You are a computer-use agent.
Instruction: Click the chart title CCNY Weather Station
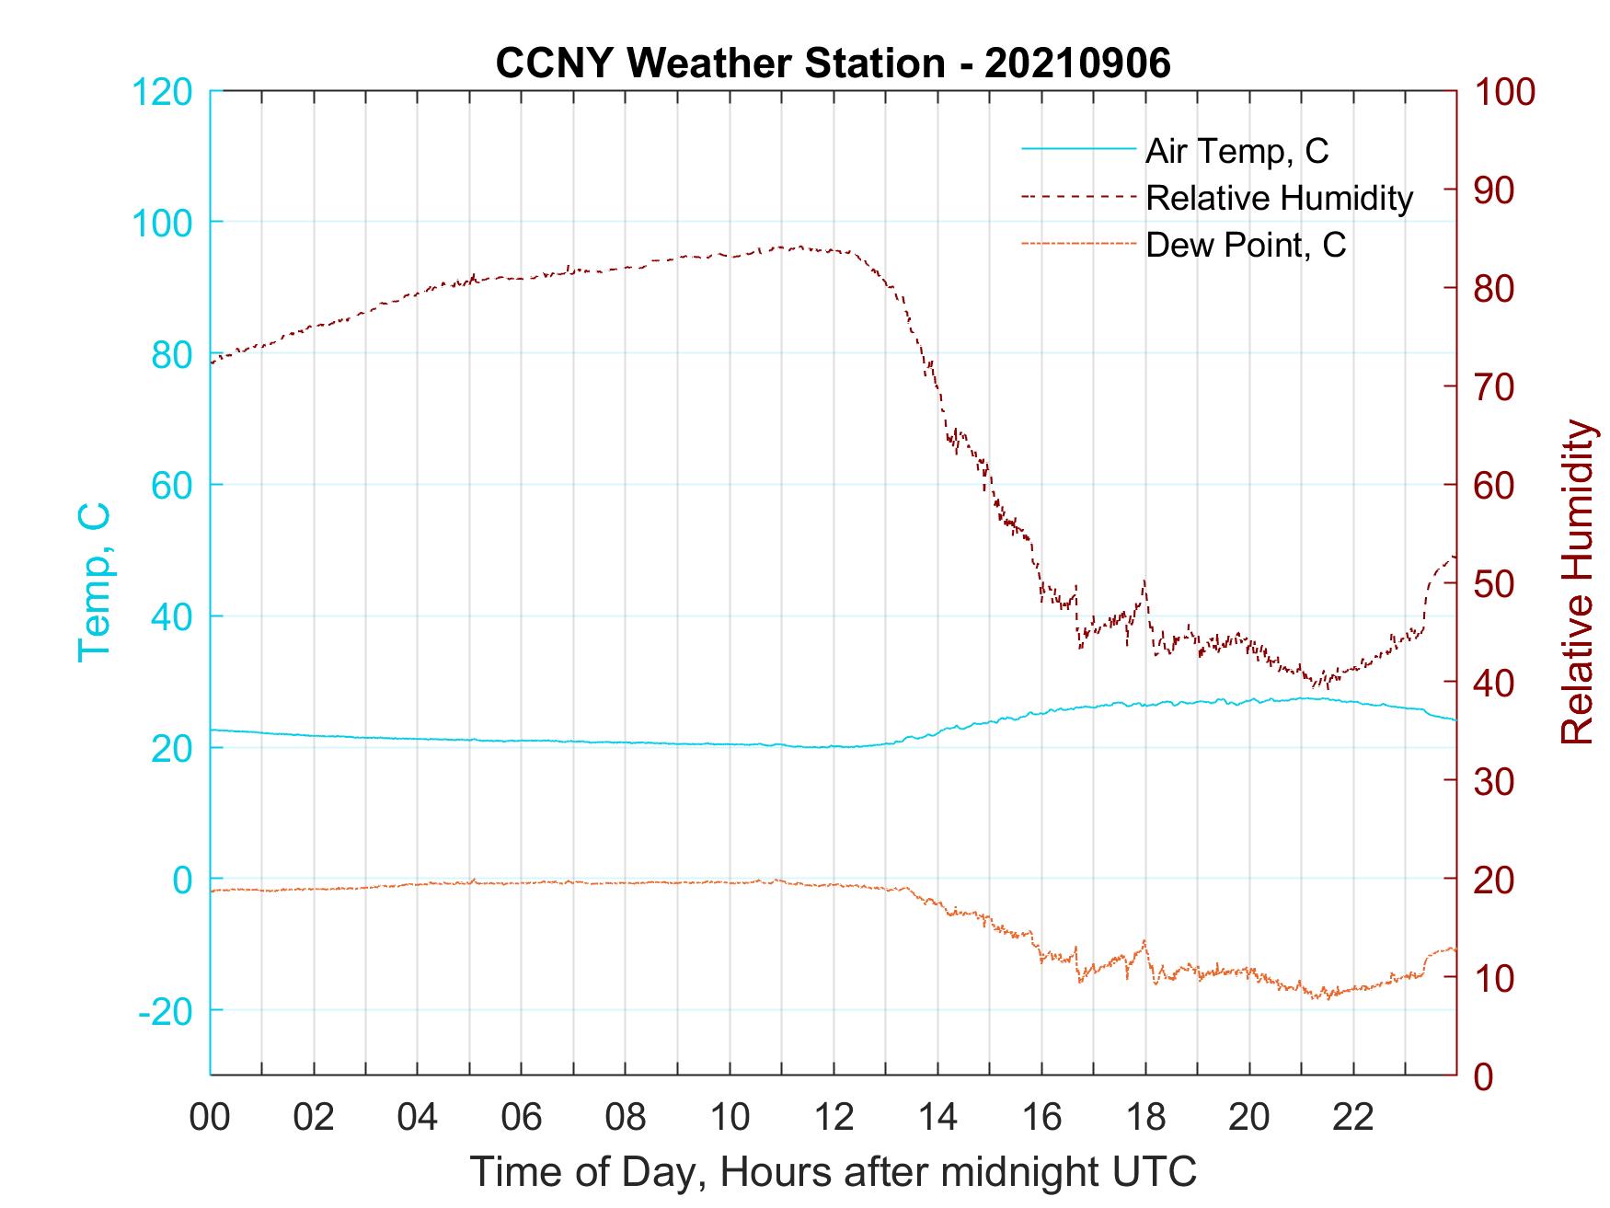pyautogui.click(x=833, y=63)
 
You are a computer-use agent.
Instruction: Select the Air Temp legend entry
pyautogui.click(x=1236, y=151)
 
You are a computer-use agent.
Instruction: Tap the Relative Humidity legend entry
pyautogui.click(x=1279, y=198)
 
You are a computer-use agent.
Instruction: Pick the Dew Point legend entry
pyautogui.click(x=1245, y=245)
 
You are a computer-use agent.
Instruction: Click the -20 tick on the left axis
pyautogui.click(x=166, y=1011)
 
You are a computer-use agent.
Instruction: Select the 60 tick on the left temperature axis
pyautogui.click(x=171, y=486)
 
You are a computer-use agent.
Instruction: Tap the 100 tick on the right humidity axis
pyautogui.click(x=1504, y=92)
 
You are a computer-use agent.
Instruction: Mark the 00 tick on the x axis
pyautogui.click(x=210, y=1117)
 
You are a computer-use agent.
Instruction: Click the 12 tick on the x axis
pyautogui.click(x=834, y=1117)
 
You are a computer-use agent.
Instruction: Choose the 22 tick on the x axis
pyautogui.click(x=1353, y=1117)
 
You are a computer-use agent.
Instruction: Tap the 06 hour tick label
pyautogui.click(x=522, y=1117)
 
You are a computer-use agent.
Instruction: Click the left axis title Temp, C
pyautogui.click(x=94, y=581)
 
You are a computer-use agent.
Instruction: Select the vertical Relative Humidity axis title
pyautogui.click(x=1577, y=581)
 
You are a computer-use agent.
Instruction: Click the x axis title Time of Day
pyautogui.click(x=833, y=1171)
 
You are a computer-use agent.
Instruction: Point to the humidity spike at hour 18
pyautogui.click(x=1144, y=581)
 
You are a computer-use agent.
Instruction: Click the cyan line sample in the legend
pyautogui.click(x=1077, y=149)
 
